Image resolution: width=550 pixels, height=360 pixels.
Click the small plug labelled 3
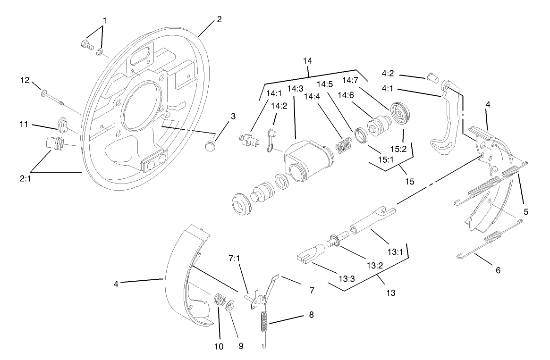pos(211,144)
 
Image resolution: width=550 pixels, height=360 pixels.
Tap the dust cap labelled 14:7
pos(400,112)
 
